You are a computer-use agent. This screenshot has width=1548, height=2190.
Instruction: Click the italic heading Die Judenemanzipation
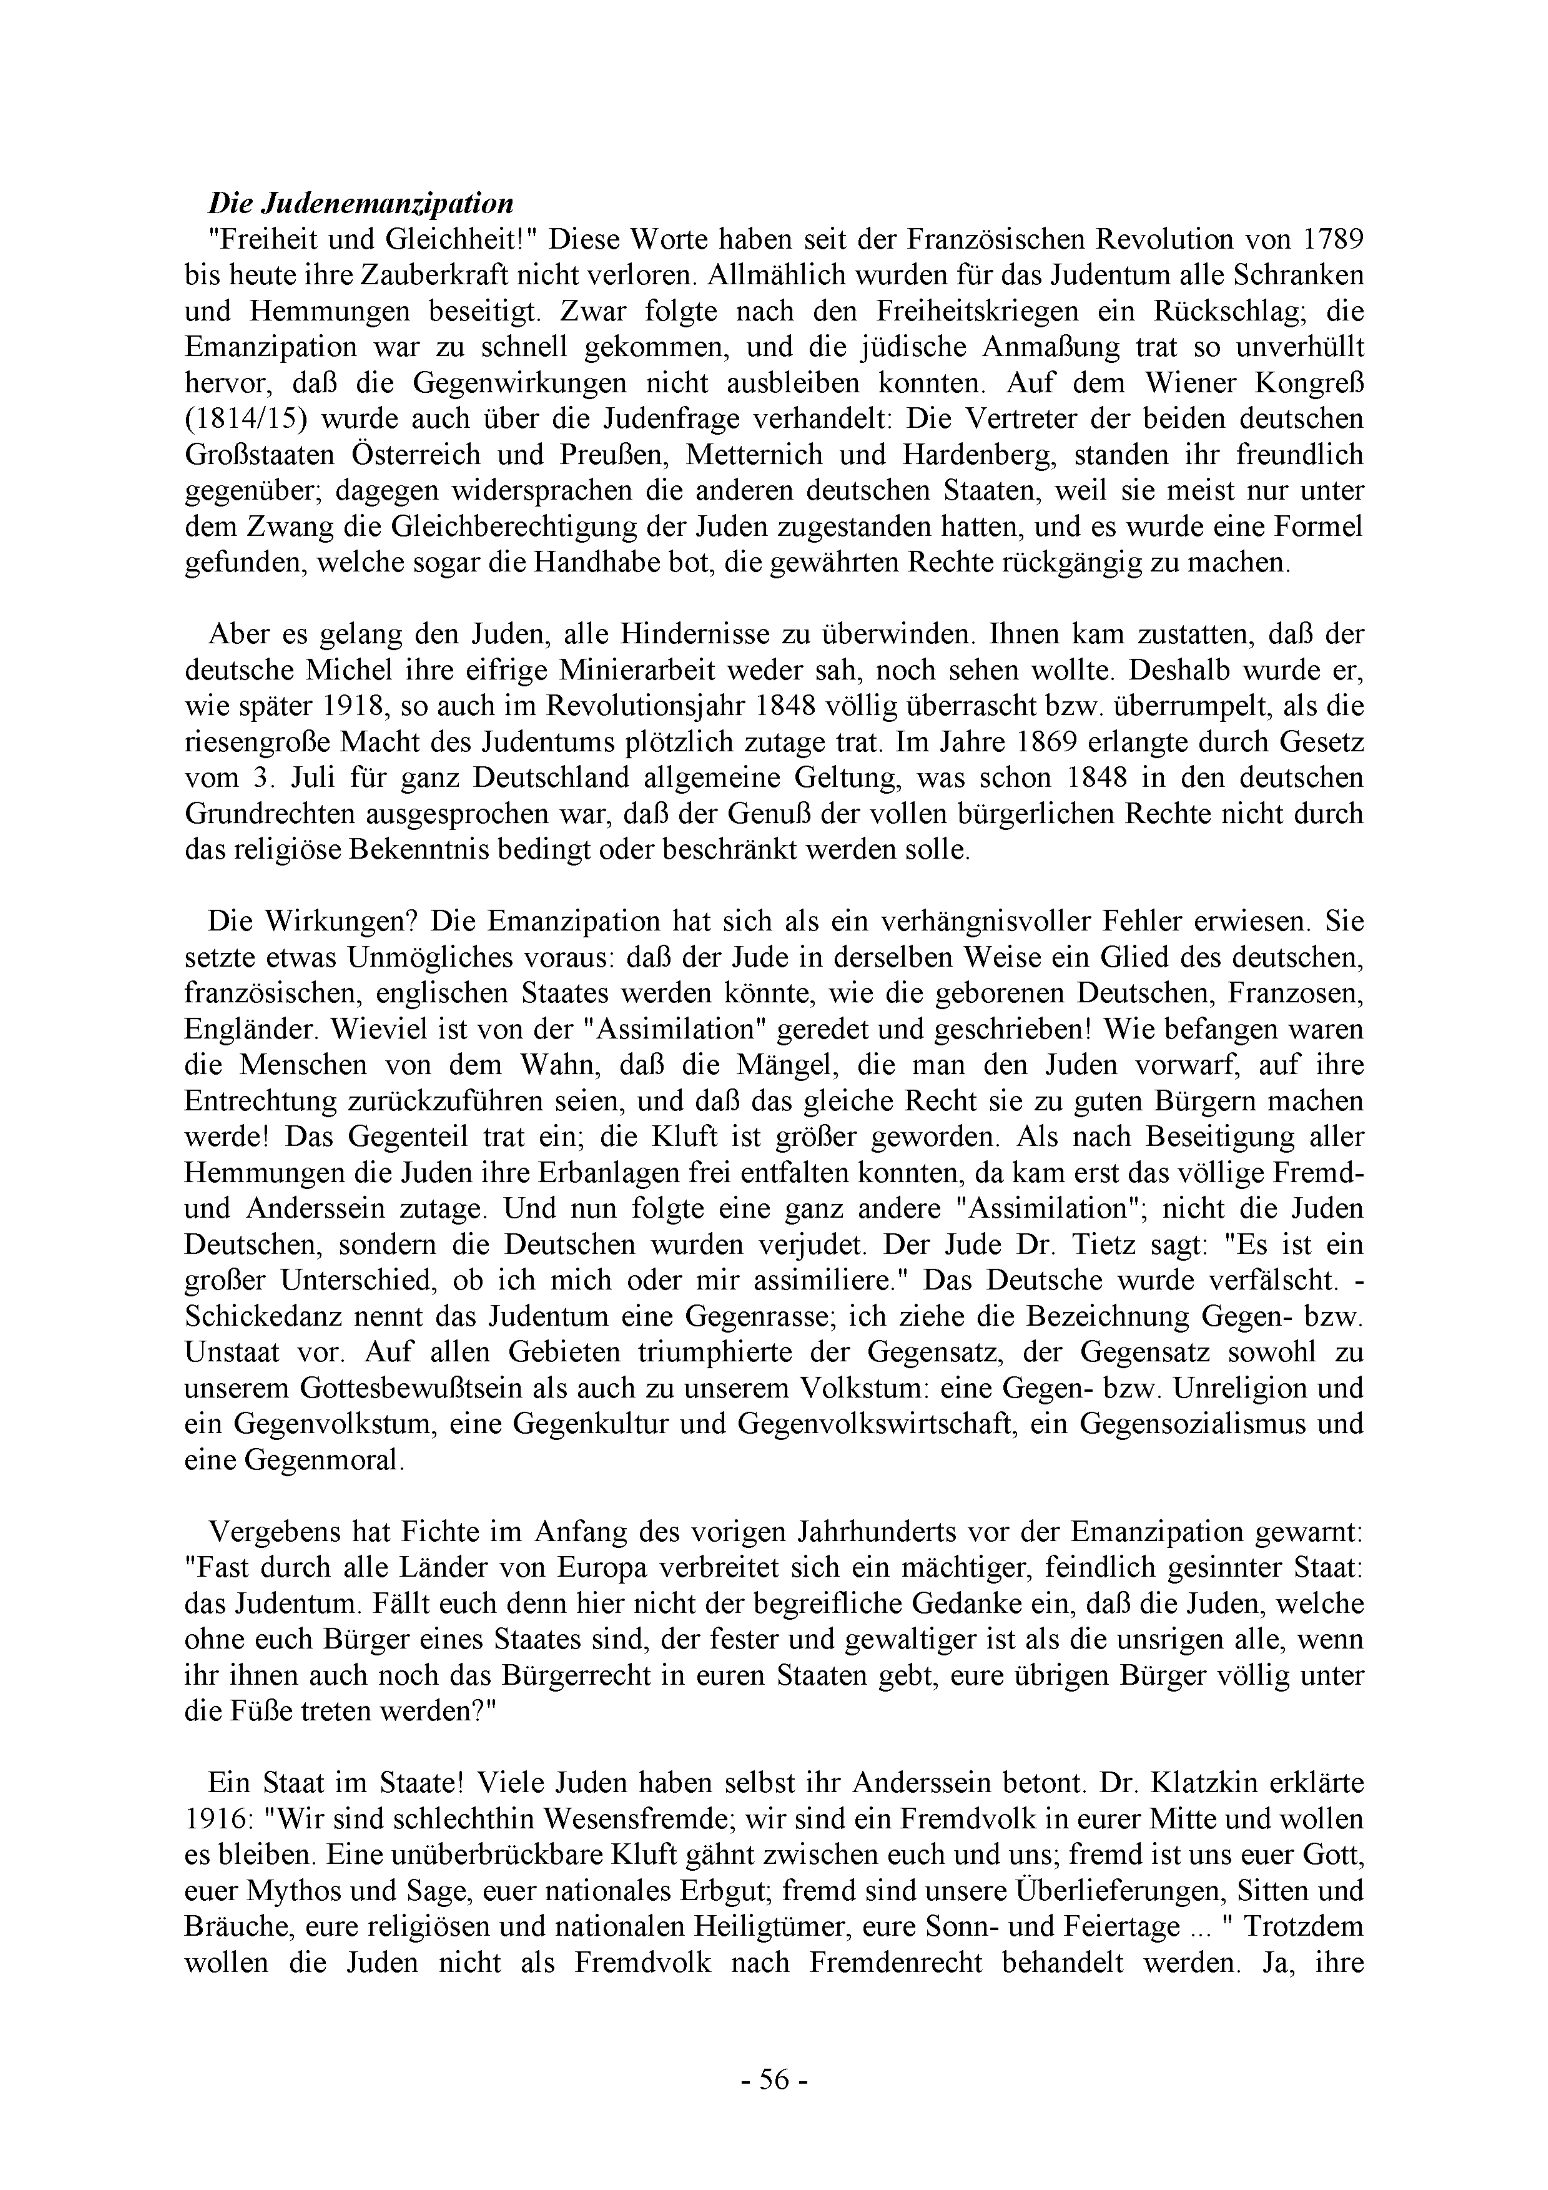(361, 203)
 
